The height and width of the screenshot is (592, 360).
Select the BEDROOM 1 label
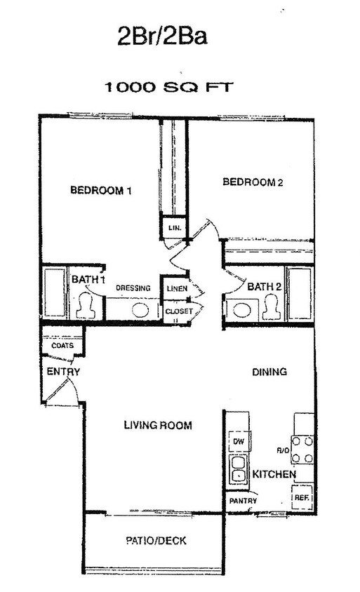click(101, 190)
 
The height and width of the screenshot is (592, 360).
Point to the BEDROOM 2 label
click(252, 183)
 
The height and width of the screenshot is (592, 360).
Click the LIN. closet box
click(172, 229)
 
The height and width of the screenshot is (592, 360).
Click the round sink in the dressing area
click(140, 309)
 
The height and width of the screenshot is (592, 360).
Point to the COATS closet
click(62, 346)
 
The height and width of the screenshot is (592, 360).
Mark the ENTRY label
click(63, 372)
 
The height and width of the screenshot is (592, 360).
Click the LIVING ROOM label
click(158, 425)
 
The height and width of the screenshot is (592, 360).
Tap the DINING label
click(269, 372)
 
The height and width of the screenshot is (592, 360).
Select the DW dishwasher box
click(237, 440)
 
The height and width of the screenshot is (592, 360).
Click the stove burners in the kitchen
click(302, 450)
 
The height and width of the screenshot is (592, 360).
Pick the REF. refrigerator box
click(302, 497)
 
